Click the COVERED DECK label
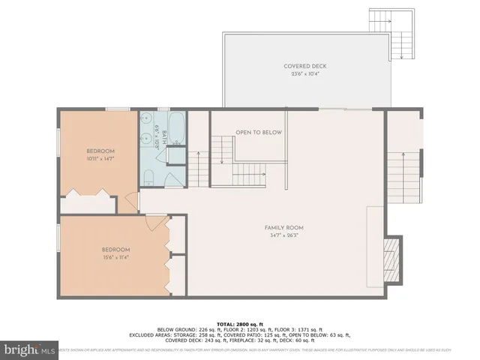coord(304,66)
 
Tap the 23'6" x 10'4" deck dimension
coord(304,74)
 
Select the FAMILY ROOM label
coord(283,227)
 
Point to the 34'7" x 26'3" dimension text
coord(283,235)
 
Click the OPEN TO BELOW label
coord(258,132)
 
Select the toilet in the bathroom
coord(148,177)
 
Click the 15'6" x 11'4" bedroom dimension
coord(116,258)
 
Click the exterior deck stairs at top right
coord(391,34)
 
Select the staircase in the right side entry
coord(404,172)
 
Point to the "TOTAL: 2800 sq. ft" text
coord(239,322)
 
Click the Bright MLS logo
coord(30,349)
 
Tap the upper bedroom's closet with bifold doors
coord(88,201)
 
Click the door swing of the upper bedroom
coord(133,201)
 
